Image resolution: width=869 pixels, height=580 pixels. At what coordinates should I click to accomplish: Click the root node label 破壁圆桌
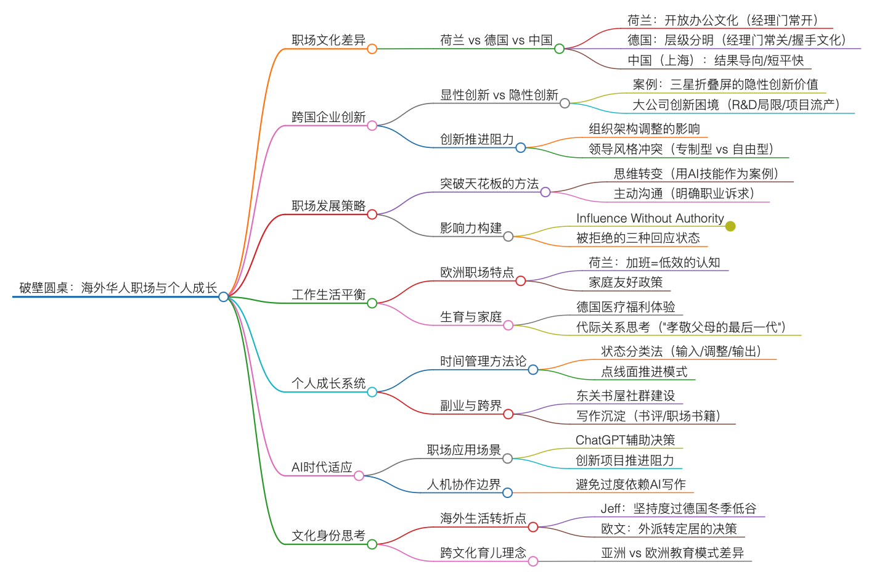point(118,288)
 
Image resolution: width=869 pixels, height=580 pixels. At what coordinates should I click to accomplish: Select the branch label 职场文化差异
point(328,40)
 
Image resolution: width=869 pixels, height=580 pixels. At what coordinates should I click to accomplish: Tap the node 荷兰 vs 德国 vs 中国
point(496,40)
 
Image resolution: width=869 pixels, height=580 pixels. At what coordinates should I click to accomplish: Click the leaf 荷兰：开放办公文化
point(723,20)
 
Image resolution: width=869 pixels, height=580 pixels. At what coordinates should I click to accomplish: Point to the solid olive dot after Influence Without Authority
point(730,226)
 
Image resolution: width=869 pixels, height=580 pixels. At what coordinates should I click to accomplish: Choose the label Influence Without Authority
point(650,218)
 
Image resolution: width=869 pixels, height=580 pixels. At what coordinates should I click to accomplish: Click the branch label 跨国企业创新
point(328,117)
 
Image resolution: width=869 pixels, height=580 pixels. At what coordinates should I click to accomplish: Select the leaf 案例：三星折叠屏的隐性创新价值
point(725,84)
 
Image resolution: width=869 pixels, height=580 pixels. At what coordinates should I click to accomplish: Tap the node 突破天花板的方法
point(489,184)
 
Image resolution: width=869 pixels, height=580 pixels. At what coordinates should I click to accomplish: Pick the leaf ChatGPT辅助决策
point(625,440)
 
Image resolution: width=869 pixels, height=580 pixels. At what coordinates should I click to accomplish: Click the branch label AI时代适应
point(322,467)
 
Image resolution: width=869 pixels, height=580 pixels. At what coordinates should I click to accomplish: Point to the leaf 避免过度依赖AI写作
point(630,484)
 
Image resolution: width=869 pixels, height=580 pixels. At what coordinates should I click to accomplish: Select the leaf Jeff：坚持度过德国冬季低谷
point(678,509)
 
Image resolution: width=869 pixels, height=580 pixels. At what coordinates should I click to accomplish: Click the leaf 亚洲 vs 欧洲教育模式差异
point(672,553)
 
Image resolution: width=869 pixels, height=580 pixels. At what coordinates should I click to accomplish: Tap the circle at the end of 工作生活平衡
point(372,303)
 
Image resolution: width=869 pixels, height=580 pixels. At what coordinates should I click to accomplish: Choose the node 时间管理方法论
point(483,361)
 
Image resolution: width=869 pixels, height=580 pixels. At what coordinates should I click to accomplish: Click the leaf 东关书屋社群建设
point(625,396)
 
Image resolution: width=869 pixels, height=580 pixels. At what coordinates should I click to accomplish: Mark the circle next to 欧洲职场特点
point(521,281)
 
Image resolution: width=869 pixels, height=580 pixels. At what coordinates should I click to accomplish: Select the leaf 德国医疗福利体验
point(625,307)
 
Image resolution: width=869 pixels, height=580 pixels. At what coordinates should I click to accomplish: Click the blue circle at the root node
point(224,297)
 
